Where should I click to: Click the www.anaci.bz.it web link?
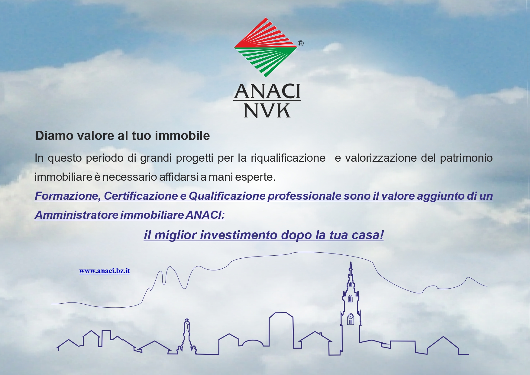[105, 271]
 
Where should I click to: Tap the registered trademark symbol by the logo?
[301, 44]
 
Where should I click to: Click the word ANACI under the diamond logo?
[267, 91]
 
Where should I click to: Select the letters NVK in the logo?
[267, 111]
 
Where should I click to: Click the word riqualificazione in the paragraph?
[288, 158]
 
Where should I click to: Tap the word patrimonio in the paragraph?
[466, 158]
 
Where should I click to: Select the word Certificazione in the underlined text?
[141, 196]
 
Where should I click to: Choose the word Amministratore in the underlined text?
[77, 215]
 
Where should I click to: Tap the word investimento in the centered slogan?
[239, 235]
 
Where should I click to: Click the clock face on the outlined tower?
[351, 317]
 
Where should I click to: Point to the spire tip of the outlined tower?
[351, 262]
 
